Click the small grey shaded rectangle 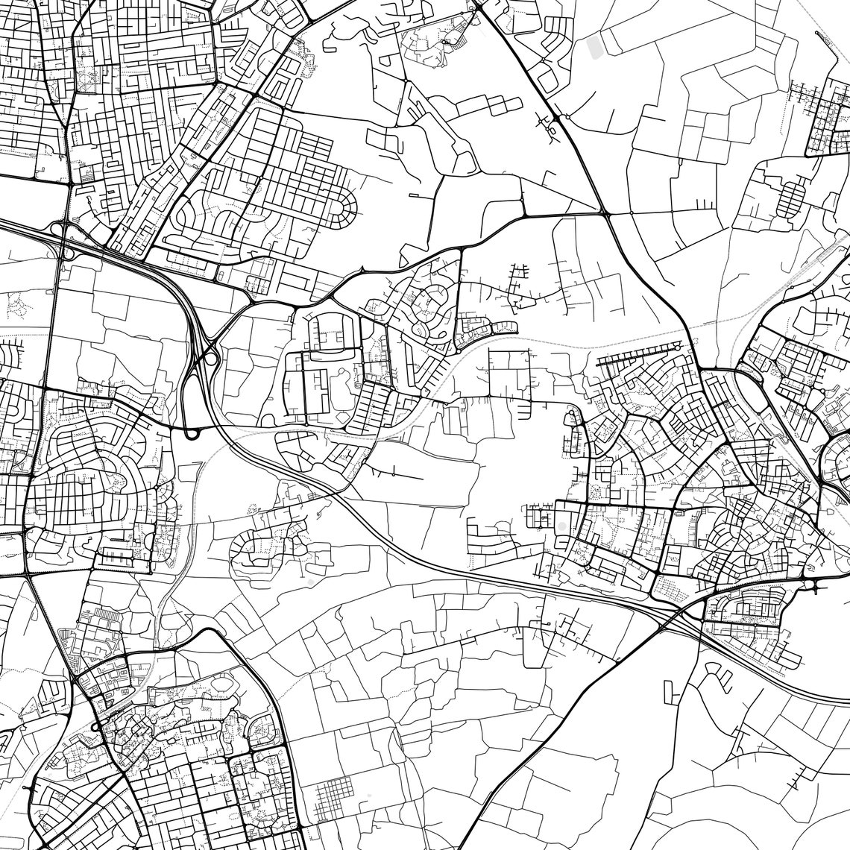(594, 47)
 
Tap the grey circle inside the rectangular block (560, 527)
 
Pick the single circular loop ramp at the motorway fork (212, 359)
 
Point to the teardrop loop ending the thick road (192, 432)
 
